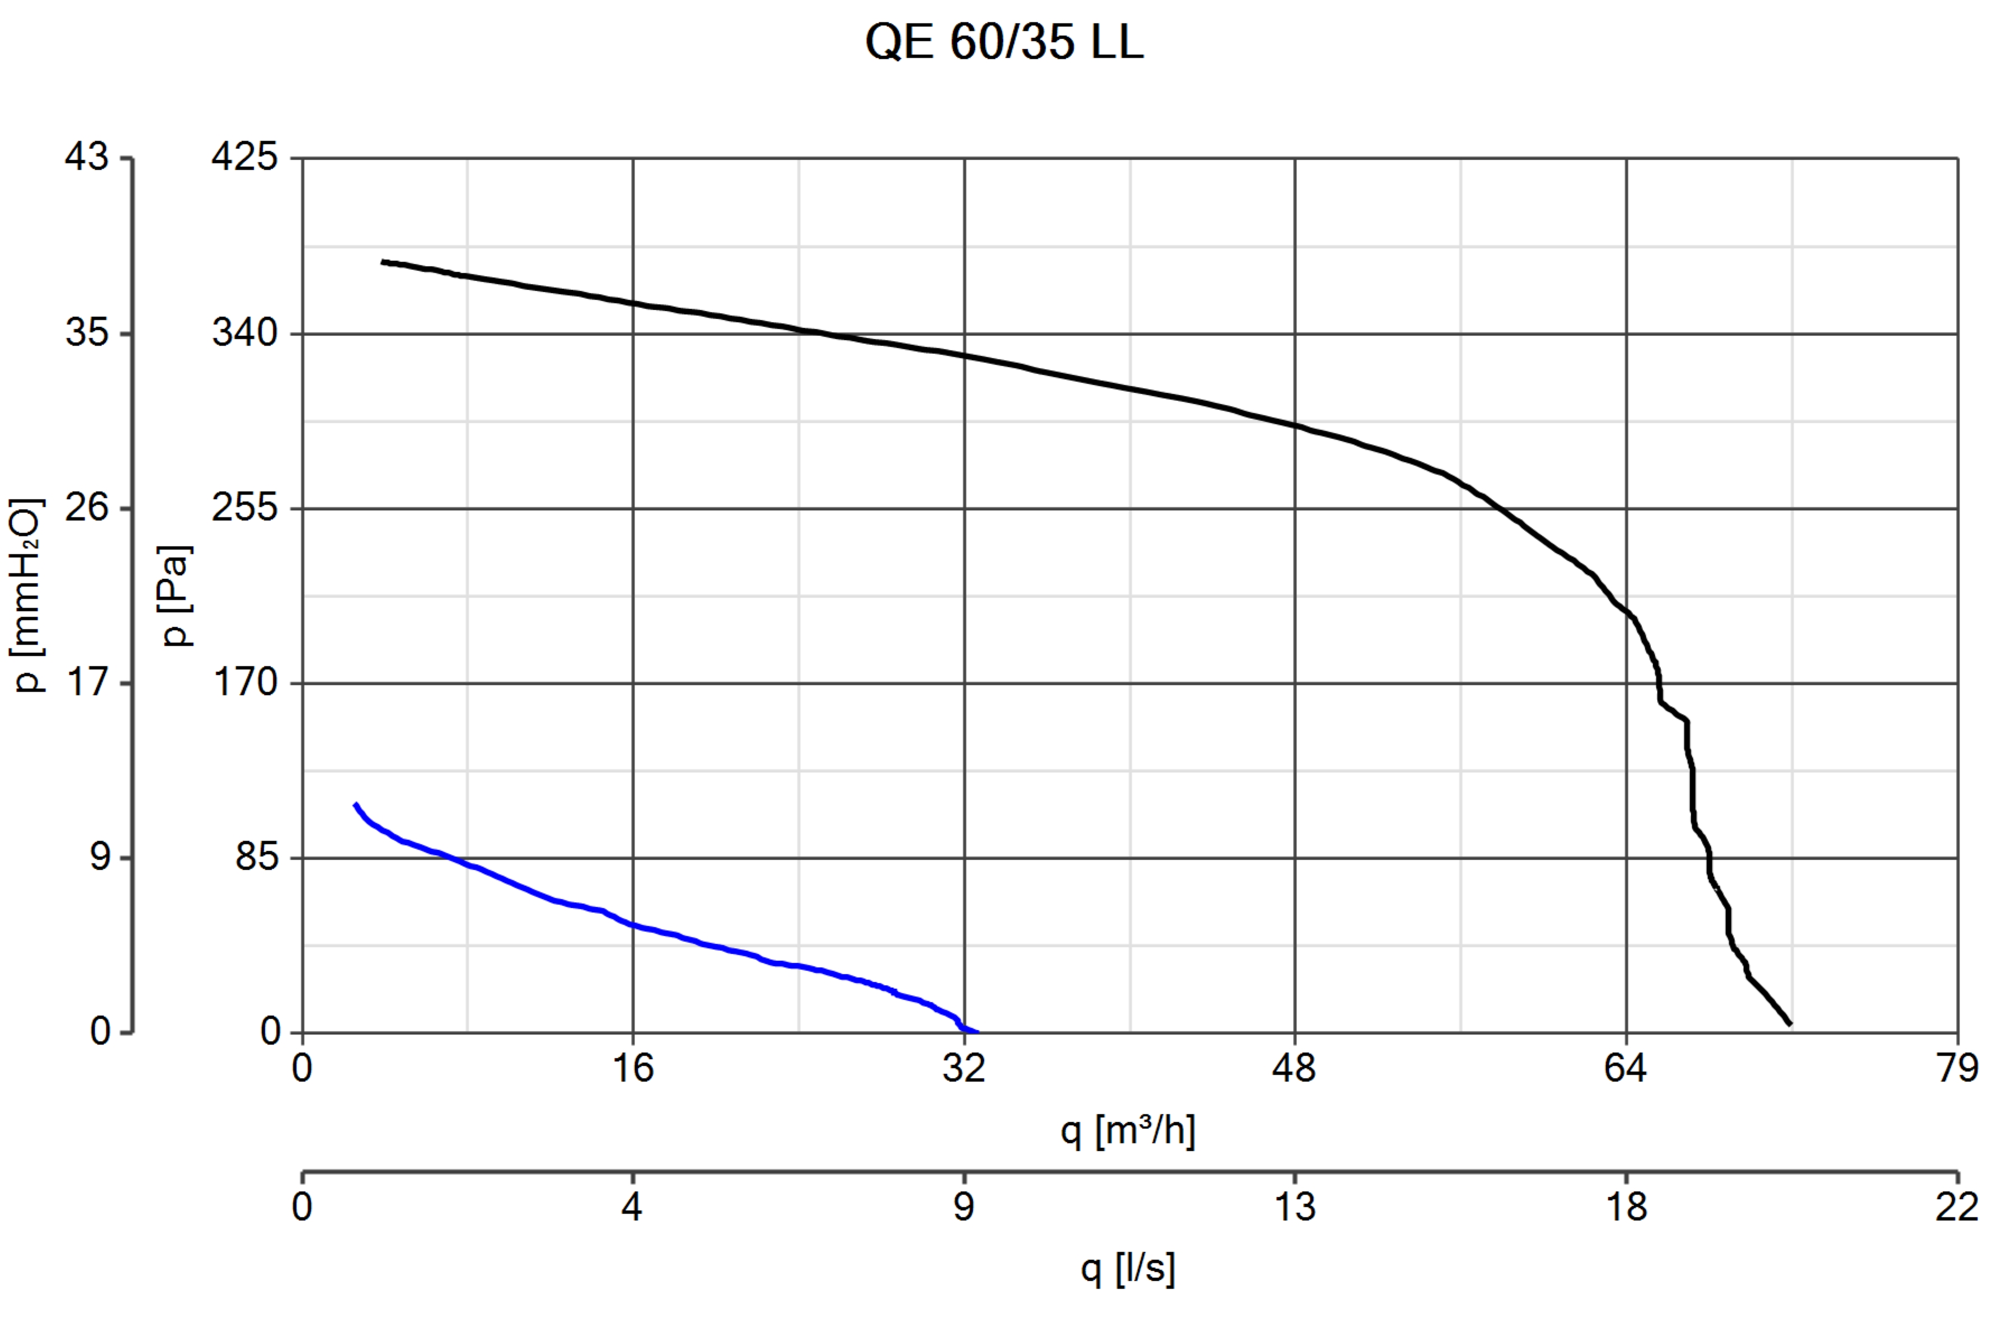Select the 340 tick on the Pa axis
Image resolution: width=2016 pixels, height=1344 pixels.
(x=245, y=333)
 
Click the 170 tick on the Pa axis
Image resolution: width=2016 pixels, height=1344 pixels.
(x=245, y=683)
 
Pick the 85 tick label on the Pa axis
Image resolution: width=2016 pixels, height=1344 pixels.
(x=257, y=857)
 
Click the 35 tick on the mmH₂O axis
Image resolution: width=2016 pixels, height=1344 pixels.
(x=87, y=333)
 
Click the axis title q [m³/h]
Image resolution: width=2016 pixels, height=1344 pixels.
(x=1128, y=1131)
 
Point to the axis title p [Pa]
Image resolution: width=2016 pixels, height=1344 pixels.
(x=176, y=596)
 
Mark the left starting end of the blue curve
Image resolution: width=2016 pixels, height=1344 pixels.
(x=355, y=804)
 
